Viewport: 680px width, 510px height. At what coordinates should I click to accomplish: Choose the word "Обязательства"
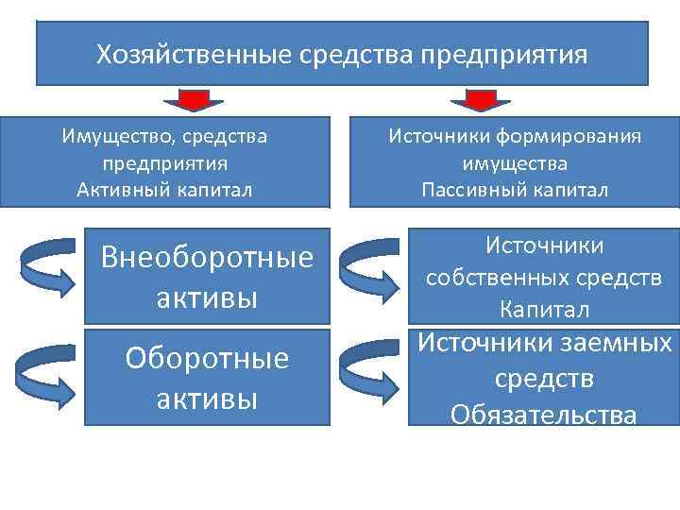543,414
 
